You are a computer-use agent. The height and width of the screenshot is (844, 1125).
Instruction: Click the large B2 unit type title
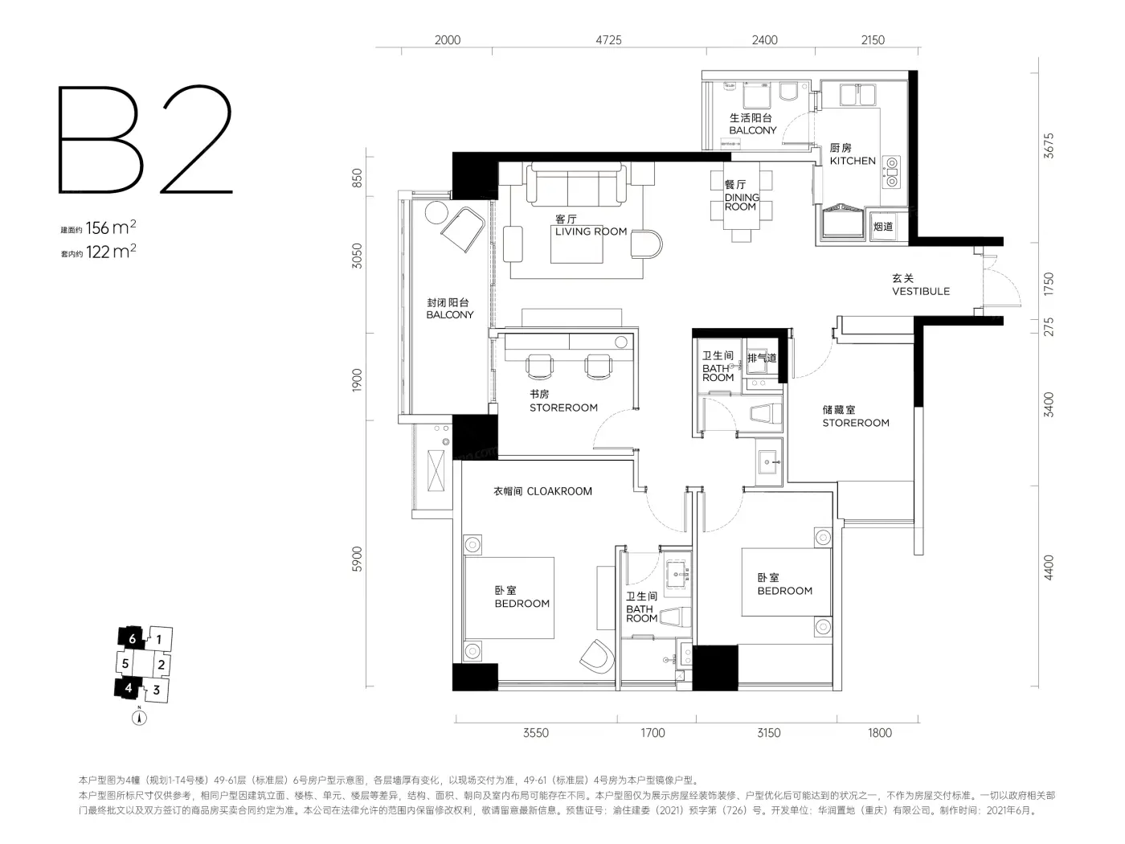[146, 139]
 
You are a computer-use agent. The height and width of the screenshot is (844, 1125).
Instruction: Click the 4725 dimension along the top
[608, 40]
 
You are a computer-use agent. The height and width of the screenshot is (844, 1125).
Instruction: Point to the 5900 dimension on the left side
[357, 559]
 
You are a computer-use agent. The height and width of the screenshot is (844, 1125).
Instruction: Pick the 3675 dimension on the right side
[1049, 145]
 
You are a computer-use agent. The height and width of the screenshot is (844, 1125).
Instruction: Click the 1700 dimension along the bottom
[652, 733]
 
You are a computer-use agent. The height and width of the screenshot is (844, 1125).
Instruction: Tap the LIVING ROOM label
[591, 231]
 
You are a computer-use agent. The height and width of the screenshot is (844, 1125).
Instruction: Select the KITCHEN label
[853, 161]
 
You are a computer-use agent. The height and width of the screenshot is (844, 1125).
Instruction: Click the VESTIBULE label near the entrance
[921, 291]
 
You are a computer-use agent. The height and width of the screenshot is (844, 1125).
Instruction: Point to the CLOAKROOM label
[559, 491]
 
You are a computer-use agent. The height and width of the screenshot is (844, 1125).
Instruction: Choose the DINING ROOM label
[741, 202]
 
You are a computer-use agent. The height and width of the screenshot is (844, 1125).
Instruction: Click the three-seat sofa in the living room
[577, 184]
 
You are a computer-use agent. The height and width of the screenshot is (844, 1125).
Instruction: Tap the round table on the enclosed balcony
[436, 211]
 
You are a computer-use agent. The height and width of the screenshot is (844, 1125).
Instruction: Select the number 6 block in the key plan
[132, 638]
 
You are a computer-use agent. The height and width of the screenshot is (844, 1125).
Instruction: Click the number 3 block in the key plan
[157, 690]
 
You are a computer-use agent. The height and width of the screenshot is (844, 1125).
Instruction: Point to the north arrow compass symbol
[139, 718]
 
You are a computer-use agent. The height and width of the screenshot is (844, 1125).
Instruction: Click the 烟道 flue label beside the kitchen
[882, 227]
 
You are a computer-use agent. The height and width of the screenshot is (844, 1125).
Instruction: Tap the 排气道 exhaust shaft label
[762, 358]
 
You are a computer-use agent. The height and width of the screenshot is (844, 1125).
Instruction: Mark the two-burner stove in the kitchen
[892, 172]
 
